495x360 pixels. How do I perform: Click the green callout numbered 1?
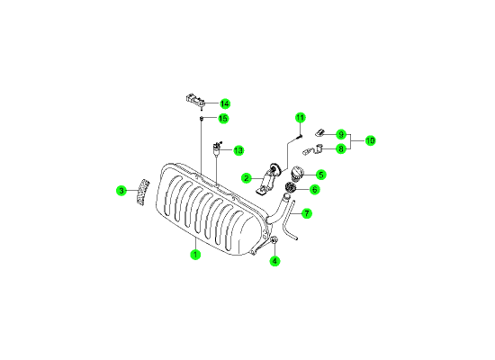pyautogui.click(x=195, y=254)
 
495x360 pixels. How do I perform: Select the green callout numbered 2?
pyautogui.click(x=247, y=178)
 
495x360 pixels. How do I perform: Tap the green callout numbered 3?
pyautogui.click(x=121, y=191)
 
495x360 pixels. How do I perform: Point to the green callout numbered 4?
pyautogui.click(x=274, y=261)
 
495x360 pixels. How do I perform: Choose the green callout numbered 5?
pyautogui.click(x=320, y=175)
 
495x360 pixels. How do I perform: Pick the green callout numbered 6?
pyautogui.click(x=314, y=190)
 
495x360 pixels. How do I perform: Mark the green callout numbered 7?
pyautogui.click(x=307, y=213)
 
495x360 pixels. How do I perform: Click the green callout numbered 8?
pyautogui.click(x=341, y=148)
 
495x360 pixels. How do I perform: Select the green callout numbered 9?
pyautogui.click(x=341, y=134)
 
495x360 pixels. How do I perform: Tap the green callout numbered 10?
pyautogui.click(x=370, y=140)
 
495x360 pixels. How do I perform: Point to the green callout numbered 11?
pyautogui.click(x=301, y=118)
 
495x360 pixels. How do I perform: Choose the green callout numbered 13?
pyautogui.click(x=238, y=150)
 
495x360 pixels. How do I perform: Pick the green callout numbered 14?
pyautogui.click(x=224, y=103)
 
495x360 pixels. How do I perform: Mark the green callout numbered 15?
pyautogui.click(x=223, y=119)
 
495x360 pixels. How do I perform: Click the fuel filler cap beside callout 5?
pyautogui.click(x=297, y=174)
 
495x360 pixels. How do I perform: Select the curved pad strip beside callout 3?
pyautogui.click(x=143, y=192)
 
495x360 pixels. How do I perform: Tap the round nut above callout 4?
pyautogui.click(x=274, y=240)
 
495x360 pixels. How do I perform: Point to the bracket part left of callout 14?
pyautogui.click(x=195, y=100)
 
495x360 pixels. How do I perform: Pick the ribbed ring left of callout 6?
pyautogui.click(x=290, y=187)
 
